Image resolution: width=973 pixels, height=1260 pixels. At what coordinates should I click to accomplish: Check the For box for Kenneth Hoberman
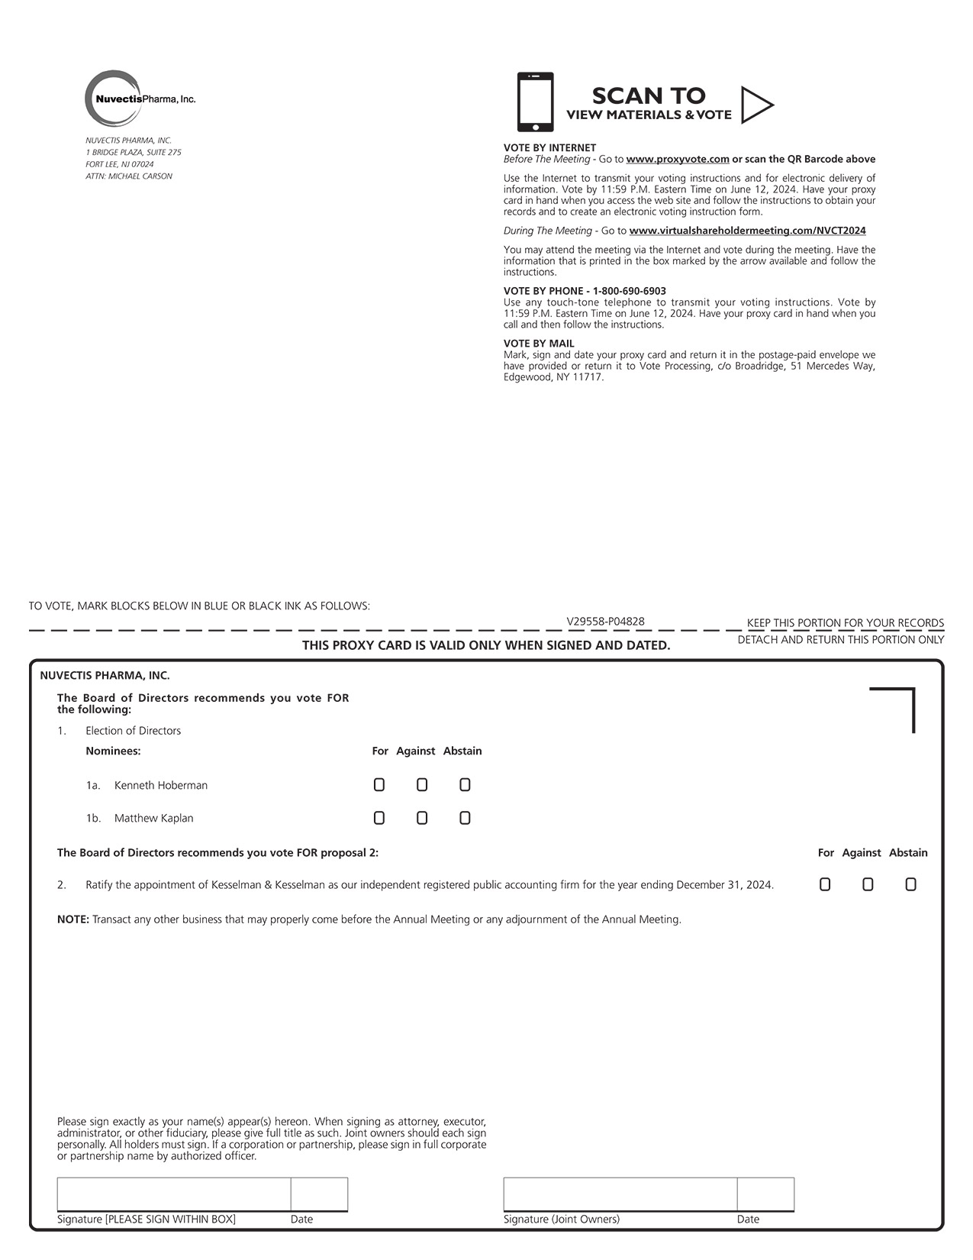tap(379, 785)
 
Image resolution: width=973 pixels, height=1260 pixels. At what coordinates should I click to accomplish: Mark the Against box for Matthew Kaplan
tap(422, 819)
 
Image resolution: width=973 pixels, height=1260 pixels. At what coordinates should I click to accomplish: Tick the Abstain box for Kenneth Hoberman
tap(465, 785)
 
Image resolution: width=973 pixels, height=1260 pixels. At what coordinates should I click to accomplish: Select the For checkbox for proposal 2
tap(825, 885)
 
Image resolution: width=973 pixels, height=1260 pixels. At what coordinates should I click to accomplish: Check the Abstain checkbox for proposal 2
tap(910, 885)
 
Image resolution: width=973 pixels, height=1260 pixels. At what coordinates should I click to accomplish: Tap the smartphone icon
tap(535, 102)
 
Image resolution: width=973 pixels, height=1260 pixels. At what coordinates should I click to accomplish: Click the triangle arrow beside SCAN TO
tap(756, 105)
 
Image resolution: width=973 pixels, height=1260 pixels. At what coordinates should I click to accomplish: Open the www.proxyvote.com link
tap(678, 160)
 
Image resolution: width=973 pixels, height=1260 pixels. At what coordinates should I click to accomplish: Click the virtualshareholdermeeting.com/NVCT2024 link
tap(747, 231)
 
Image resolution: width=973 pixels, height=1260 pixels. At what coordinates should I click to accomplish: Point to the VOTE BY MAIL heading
tap(539, 344)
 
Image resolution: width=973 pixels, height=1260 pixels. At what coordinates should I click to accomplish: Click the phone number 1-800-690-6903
tap(629, 291)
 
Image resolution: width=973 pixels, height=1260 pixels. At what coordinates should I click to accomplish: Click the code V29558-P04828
tap(605, 622)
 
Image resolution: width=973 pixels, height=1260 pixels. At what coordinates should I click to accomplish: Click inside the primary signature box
tap(173, 1194)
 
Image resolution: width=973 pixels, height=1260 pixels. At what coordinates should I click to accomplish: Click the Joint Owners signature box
tap(620, 1194)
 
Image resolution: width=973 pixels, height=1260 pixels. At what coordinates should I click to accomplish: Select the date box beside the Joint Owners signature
tap(765, 1194)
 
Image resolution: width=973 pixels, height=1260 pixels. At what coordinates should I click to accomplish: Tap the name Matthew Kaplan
tap(153, 819)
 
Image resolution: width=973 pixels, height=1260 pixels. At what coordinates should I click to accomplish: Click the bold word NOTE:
tap(73, 919)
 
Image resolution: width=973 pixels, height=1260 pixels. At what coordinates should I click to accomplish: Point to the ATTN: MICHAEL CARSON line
tap(129, 176)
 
